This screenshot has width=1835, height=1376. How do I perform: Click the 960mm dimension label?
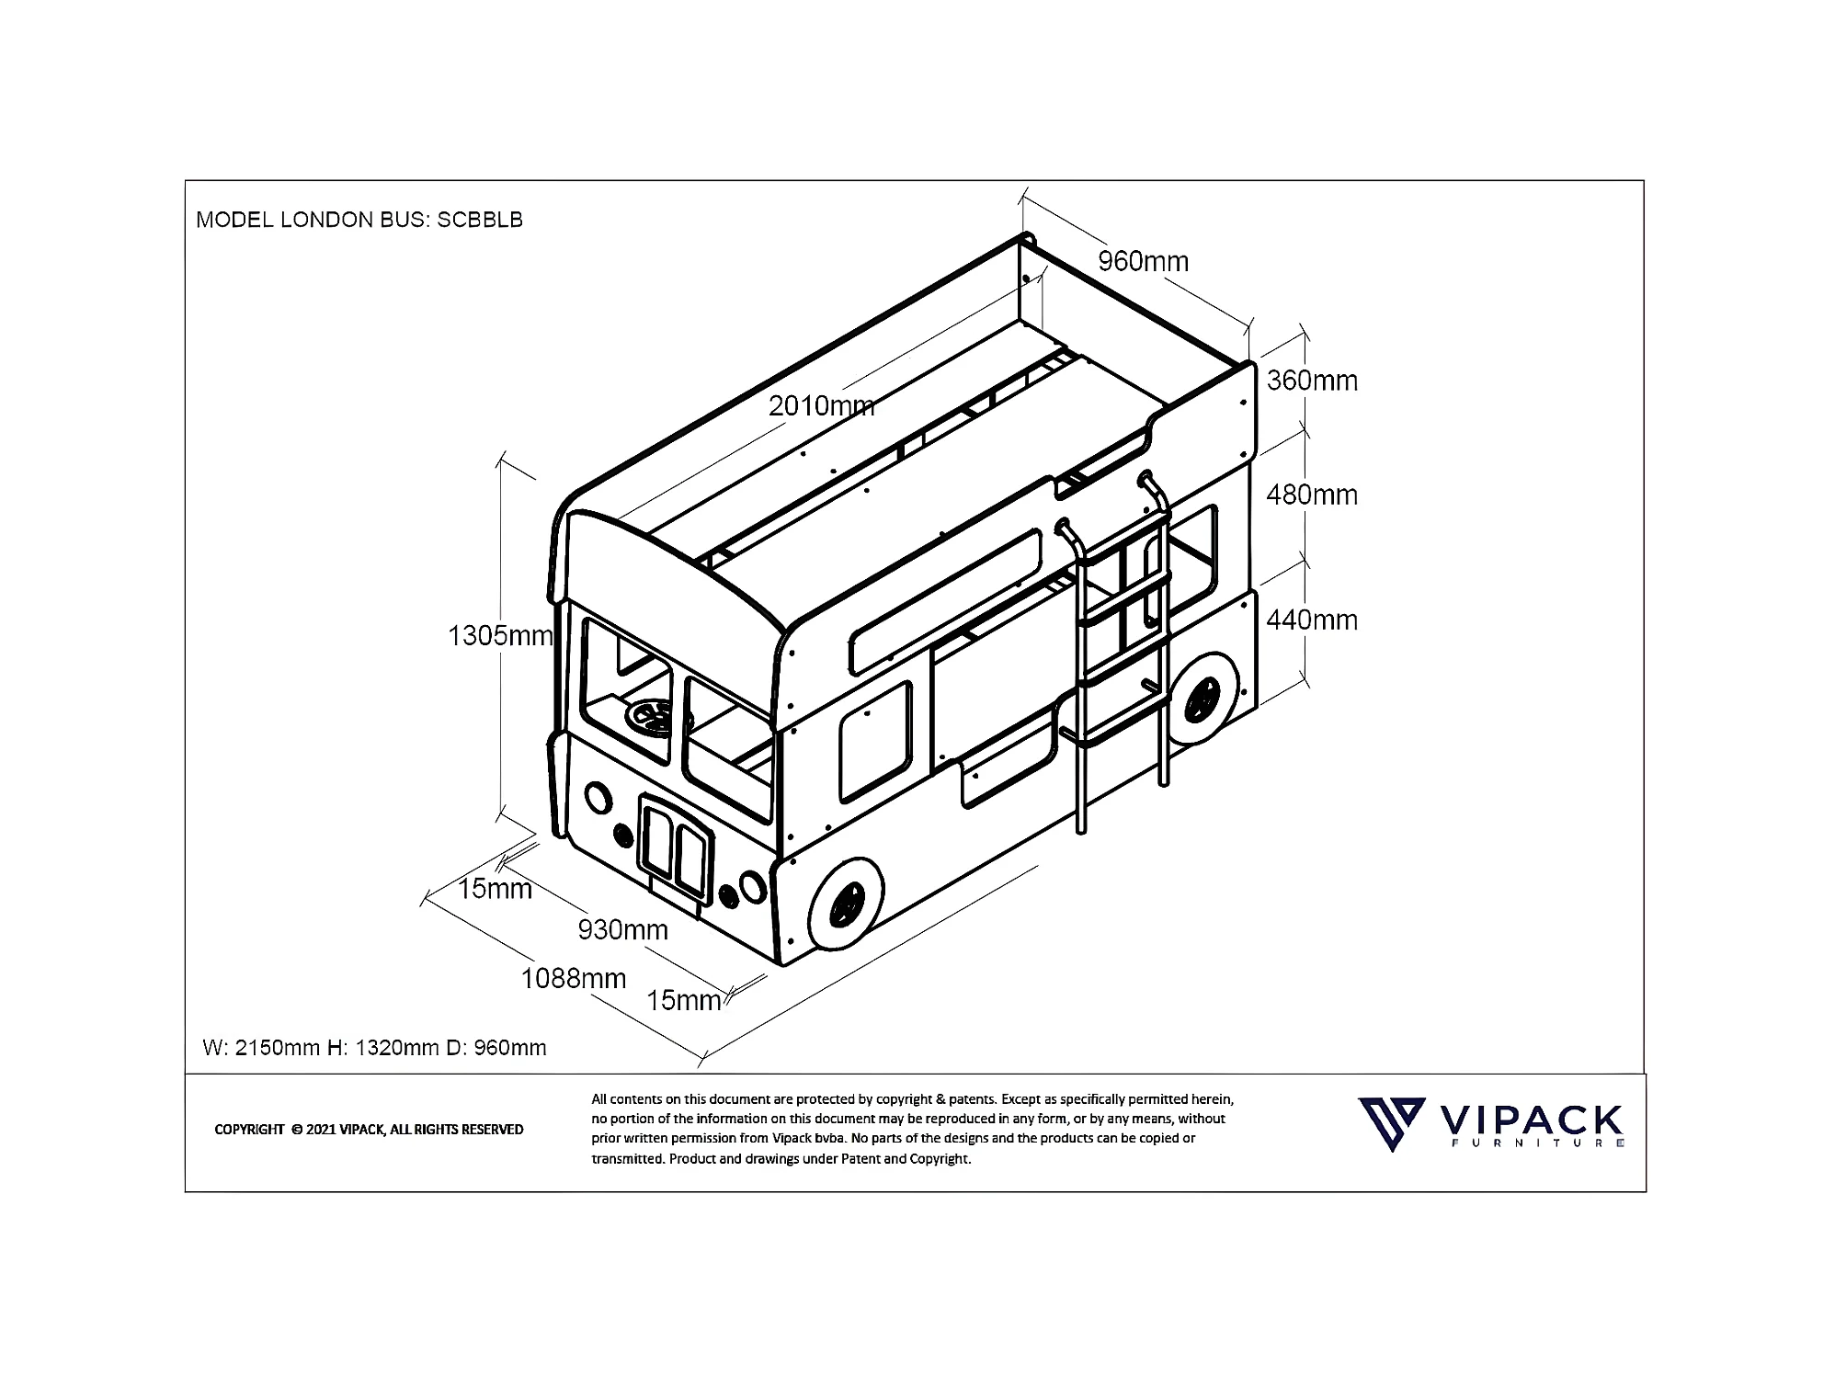[1143, 262]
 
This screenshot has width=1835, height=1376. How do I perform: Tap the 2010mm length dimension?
[821, 405]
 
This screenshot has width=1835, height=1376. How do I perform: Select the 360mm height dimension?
[1312, 381]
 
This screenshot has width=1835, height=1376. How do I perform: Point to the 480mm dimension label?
[1312, 495]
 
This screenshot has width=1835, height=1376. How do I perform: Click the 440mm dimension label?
[1312, 620]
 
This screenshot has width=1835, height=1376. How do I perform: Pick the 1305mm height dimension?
[500, 636]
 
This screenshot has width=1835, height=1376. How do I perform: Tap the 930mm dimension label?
[622, 930]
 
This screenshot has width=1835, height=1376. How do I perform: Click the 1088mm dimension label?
[574, 978]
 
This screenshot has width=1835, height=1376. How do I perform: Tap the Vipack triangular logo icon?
[1392, 1124]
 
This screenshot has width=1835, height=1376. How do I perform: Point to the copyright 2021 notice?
[369, 1130]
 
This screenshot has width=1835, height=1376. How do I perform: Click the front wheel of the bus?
[846, 904]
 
